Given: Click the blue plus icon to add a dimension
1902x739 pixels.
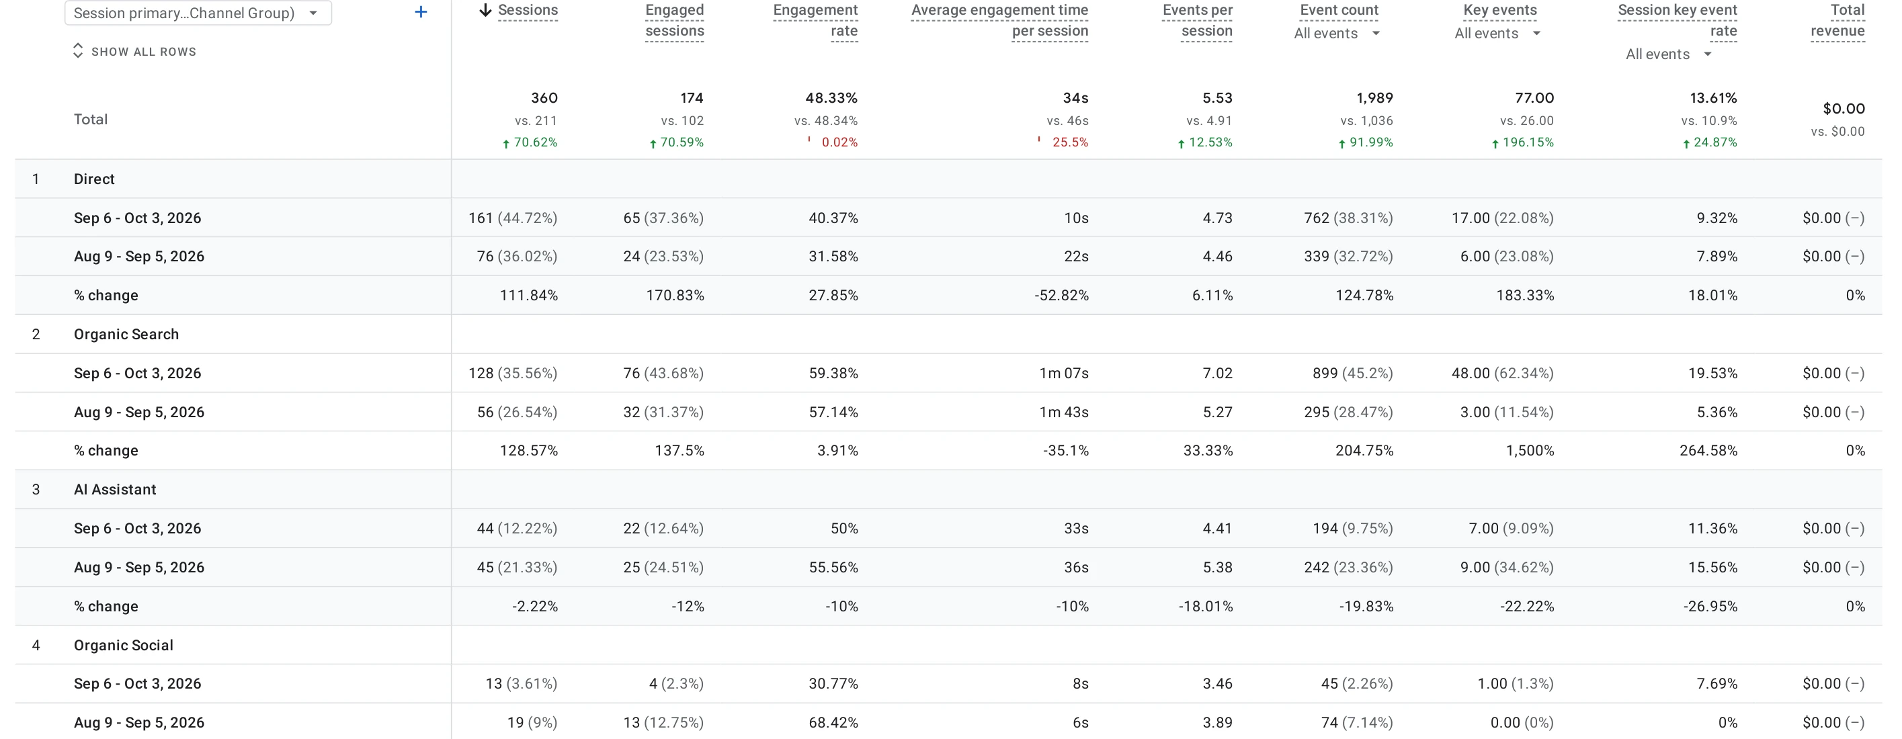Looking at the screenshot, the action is pos(421,12).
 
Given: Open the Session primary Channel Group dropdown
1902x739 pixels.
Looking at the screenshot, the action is pos(198,13).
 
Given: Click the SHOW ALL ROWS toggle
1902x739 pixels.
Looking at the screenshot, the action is pos(134,51).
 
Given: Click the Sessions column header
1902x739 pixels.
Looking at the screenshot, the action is pos(527,10).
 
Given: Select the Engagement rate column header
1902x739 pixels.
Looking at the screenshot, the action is pos(815,21).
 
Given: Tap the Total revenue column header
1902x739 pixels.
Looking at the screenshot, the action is pos(1837,21).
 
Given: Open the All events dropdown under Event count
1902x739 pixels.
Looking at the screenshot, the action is pos(1336,33).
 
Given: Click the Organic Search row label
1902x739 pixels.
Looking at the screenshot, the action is pos(126,334).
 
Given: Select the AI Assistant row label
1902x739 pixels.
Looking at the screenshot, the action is pos(115,490).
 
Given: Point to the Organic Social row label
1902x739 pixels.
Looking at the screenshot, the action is pos(123,645).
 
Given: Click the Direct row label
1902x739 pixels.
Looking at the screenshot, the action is pos(94,179).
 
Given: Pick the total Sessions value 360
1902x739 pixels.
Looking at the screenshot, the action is pos(544,97).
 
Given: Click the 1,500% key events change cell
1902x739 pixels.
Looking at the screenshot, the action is pos(1530,450).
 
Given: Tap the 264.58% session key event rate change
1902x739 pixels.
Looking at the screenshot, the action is pos(1708,450).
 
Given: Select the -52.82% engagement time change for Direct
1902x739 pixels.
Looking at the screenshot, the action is pos(1061,296).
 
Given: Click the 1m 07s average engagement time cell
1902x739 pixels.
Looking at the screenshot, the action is pos(1063,373).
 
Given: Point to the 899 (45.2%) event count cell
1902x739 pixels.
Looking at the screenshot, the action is pos(1353,373).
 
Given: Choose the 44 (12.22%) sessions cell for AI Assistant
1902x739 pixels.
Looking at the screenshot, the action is pos(517,529).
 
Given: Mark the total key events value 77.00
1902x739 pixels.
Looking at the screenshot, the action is pos(1534,97).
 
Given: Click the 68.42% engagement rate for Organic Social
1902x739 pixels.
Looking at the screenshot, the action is pos(833,722).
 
